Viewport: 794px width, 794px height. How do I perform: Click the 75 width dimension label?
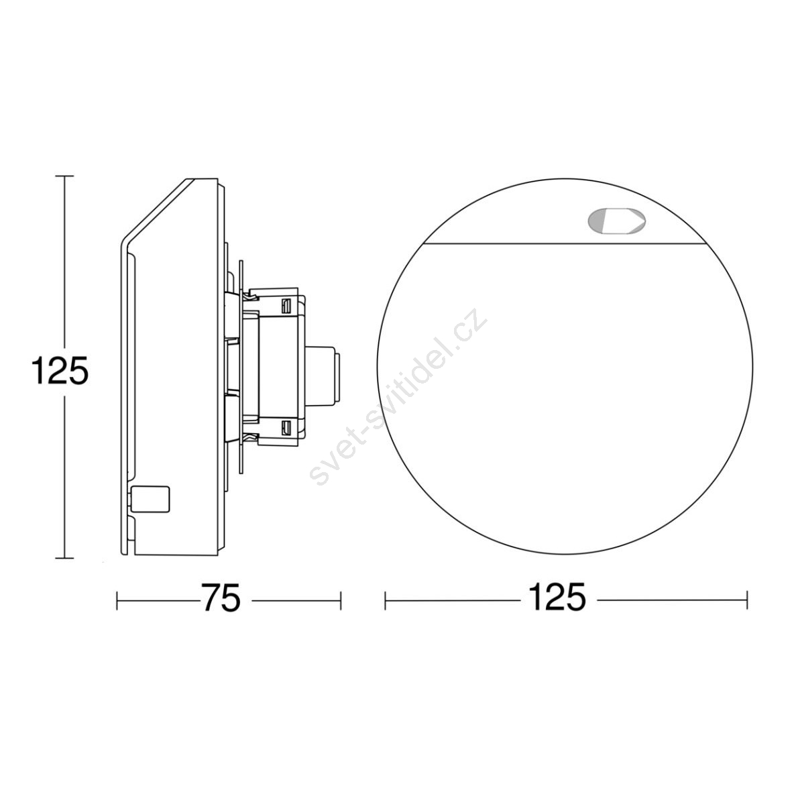pos(220,598)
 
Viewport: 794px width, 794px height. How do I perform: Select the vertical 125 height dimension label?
pos(60,370)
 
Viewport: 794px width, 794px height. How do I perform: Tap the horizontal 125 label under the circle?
pos(557,598)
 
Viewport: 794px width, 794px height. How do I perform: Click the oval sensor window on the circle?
pos(617,222)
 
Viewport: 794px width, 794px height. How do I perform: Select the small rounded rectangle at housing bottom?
pos(150,500)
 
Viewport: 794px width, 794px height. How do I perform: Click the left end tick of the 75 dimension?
pos(117,601)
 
